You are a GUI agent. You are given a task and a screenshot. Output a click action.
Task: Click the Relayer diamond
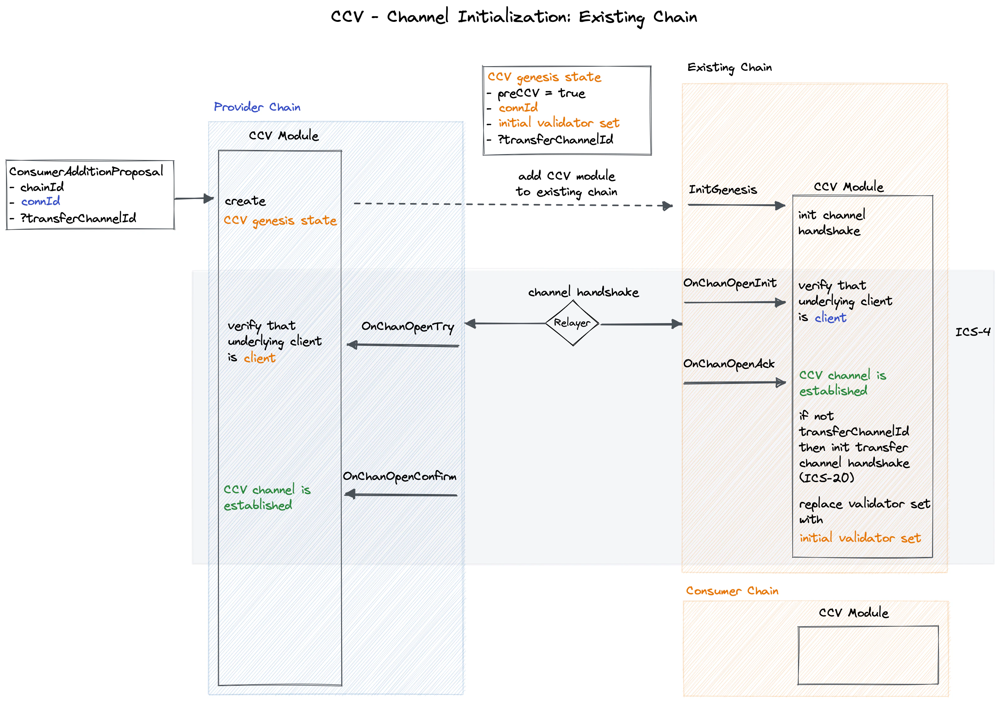(x=572, y=323)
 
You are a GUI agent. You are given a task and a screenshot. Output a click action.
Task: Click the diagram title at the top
(x=514, y=17)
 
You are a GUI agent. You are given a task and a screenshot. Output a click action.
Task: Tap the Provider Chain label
(x=257, y=107)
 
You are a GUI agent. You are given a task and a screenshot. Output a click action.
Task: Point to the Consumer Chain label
(x=732, y=591)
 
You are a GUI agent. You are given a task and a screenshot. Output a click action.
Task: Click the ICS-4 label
(x=973, y=332)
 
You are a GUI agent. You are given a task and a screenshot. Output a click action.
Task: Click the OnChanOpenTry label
(x=408, y=327)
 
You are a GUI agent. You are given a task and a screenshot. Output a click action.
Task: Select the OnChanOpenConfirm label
(x=399, y=477)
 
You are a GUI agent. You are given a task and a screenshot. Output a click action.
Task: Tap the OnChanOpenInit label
(x=730, y=283)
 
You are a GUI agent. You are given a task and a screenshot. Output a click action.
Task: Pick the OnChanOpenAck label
(x=729, y=364)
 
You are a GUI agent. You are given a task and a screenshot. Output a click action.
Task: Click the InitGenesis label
(x=722, y=190)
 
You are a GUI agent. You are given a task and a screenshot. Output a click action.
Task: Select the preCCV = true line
(x=541, y=93)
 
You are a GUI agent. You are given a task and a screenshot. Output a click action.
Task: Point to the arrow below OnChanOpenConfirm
(x=401, y=495)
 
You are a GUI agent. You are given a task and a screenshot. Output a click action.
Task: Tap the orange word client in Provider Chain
(x=259, y=358)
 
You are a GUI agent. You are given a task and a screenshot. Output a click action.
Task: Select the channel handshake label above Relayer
(x=583, y=292)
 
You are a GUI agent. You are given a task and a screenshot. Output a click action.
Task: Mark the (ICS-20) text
(x=826, y=478)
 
